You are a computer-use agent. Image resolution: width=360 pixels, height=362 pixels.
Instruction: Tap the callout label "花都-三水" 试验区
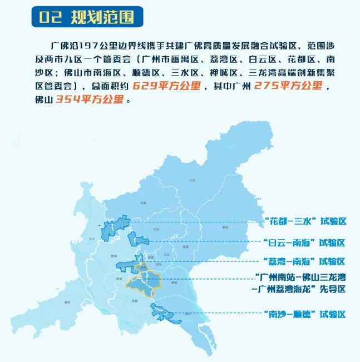tap(305, 221)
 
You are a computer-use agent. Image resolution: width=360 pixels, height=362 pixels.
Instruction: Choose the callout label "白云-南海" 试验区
tap(305, 242)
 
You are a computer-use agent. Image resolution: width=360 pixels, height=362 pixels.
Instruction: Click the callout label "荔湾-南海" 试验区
tap(305, 261)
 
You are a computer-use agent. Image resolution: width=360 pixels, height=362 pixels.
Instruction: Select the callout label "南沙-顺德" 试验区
tap(305, 314)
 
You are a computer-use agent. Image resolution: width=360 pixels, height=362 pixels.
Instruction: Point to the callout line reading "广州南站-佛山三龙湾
tap(301, 277)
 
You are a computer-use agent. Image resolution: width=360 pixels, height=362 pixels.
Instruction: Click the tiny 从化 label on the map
tap(193, 180)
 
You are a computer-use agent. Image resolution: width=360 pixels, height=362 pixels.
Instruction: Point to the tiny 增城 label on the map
tap(225, 227)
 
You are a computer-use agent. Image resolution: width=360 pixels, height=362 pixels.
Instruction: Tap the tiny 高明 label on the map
tap(67, 302)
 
